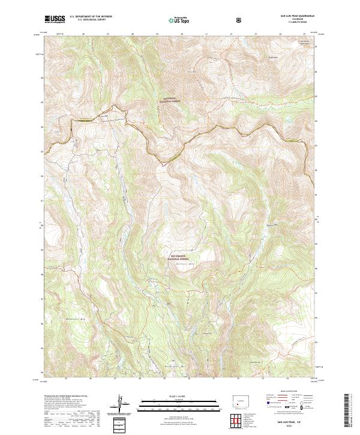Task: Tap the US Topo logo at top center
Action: [172, 19]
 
